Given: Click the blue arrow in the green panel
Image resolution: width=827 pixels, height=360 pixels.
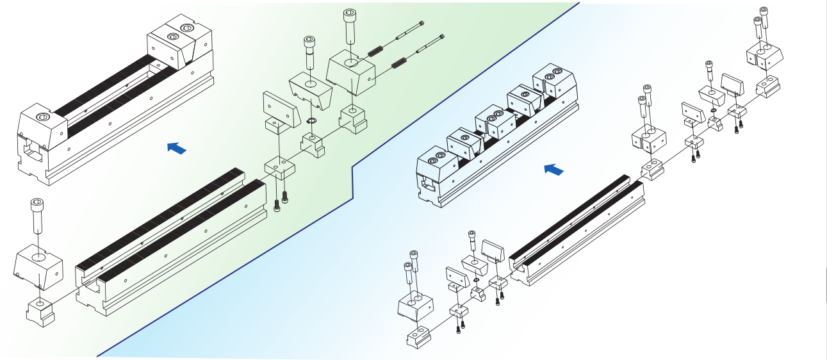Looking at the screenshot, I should [176, 149].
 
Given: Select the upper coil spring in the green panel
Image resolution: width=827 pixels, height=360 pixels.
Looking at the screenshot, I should [375, 49].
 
